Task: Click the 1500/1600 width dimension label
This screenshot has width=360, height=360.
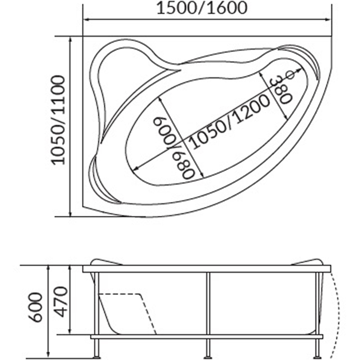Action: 202,8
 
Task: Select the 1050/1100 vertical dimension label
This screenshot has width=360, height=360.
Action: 58,120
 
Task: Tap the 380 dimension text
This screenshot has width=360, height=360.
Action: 281,91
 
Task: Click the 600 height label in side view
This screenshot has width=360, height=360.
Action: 35,307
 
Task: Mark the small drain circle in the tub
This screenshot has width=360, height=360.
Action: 290,75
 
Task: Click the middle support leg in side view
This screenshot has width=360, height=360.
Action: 208,315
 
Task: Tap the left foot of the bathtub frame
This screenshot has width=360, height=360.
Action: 97,356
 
